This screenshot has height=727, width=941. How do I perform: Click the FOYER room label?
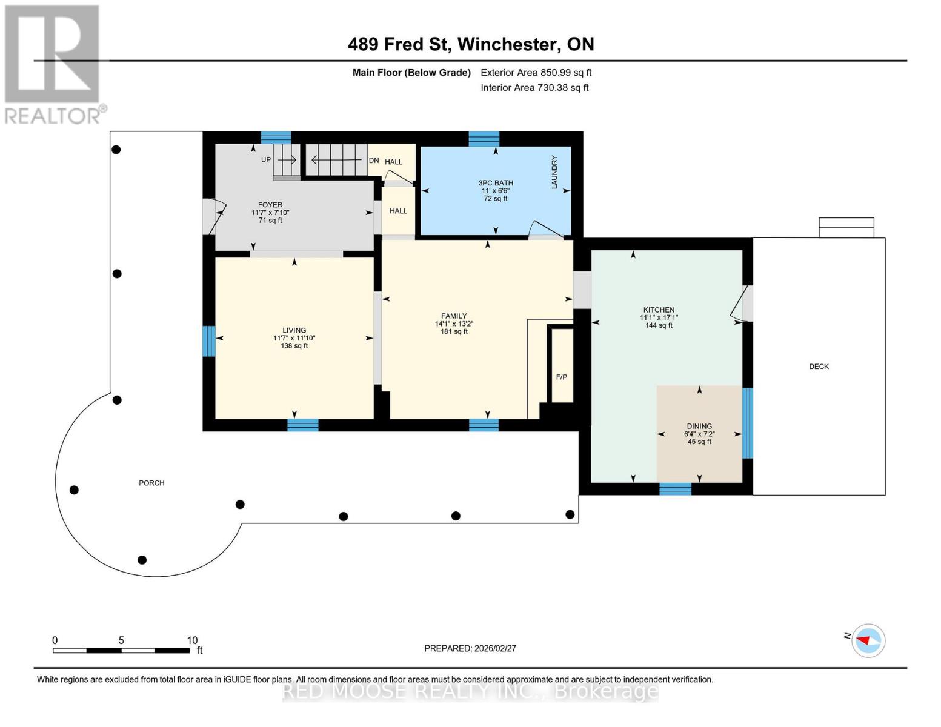270,205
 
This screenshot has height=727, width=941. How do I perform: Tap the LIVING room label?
294,330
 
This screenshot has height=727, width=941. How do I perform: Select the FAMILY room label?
454,316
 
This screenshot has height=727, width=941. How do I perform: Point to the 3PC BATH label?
496,183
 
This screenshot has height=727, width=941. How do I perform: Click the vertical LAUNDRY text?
554,172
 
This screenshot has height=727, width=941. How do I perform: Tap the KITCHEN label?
659,310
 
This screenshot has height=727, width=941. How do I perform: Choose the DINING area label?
699,426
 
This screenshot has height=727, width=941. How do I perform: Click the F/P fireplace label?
562,377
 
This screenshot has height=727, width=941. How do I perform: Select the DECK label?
819,367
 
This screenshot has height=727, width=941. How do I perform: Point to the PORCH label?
151,483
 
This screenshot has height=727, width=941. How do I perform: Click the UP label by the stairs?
266,160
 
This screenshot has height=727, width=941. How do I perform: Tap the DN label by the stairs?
374,161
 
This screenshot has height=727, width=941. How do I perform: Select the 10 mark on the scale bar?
192,640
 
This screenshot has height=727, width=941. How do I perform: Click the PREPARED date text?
470,648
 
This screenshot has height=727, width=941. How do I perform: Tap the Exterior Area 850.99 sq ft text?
536,73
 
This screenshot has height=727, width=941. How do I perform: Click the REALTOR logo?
53,64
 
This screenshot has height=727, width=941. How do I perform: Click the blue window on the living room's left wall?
208,341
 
